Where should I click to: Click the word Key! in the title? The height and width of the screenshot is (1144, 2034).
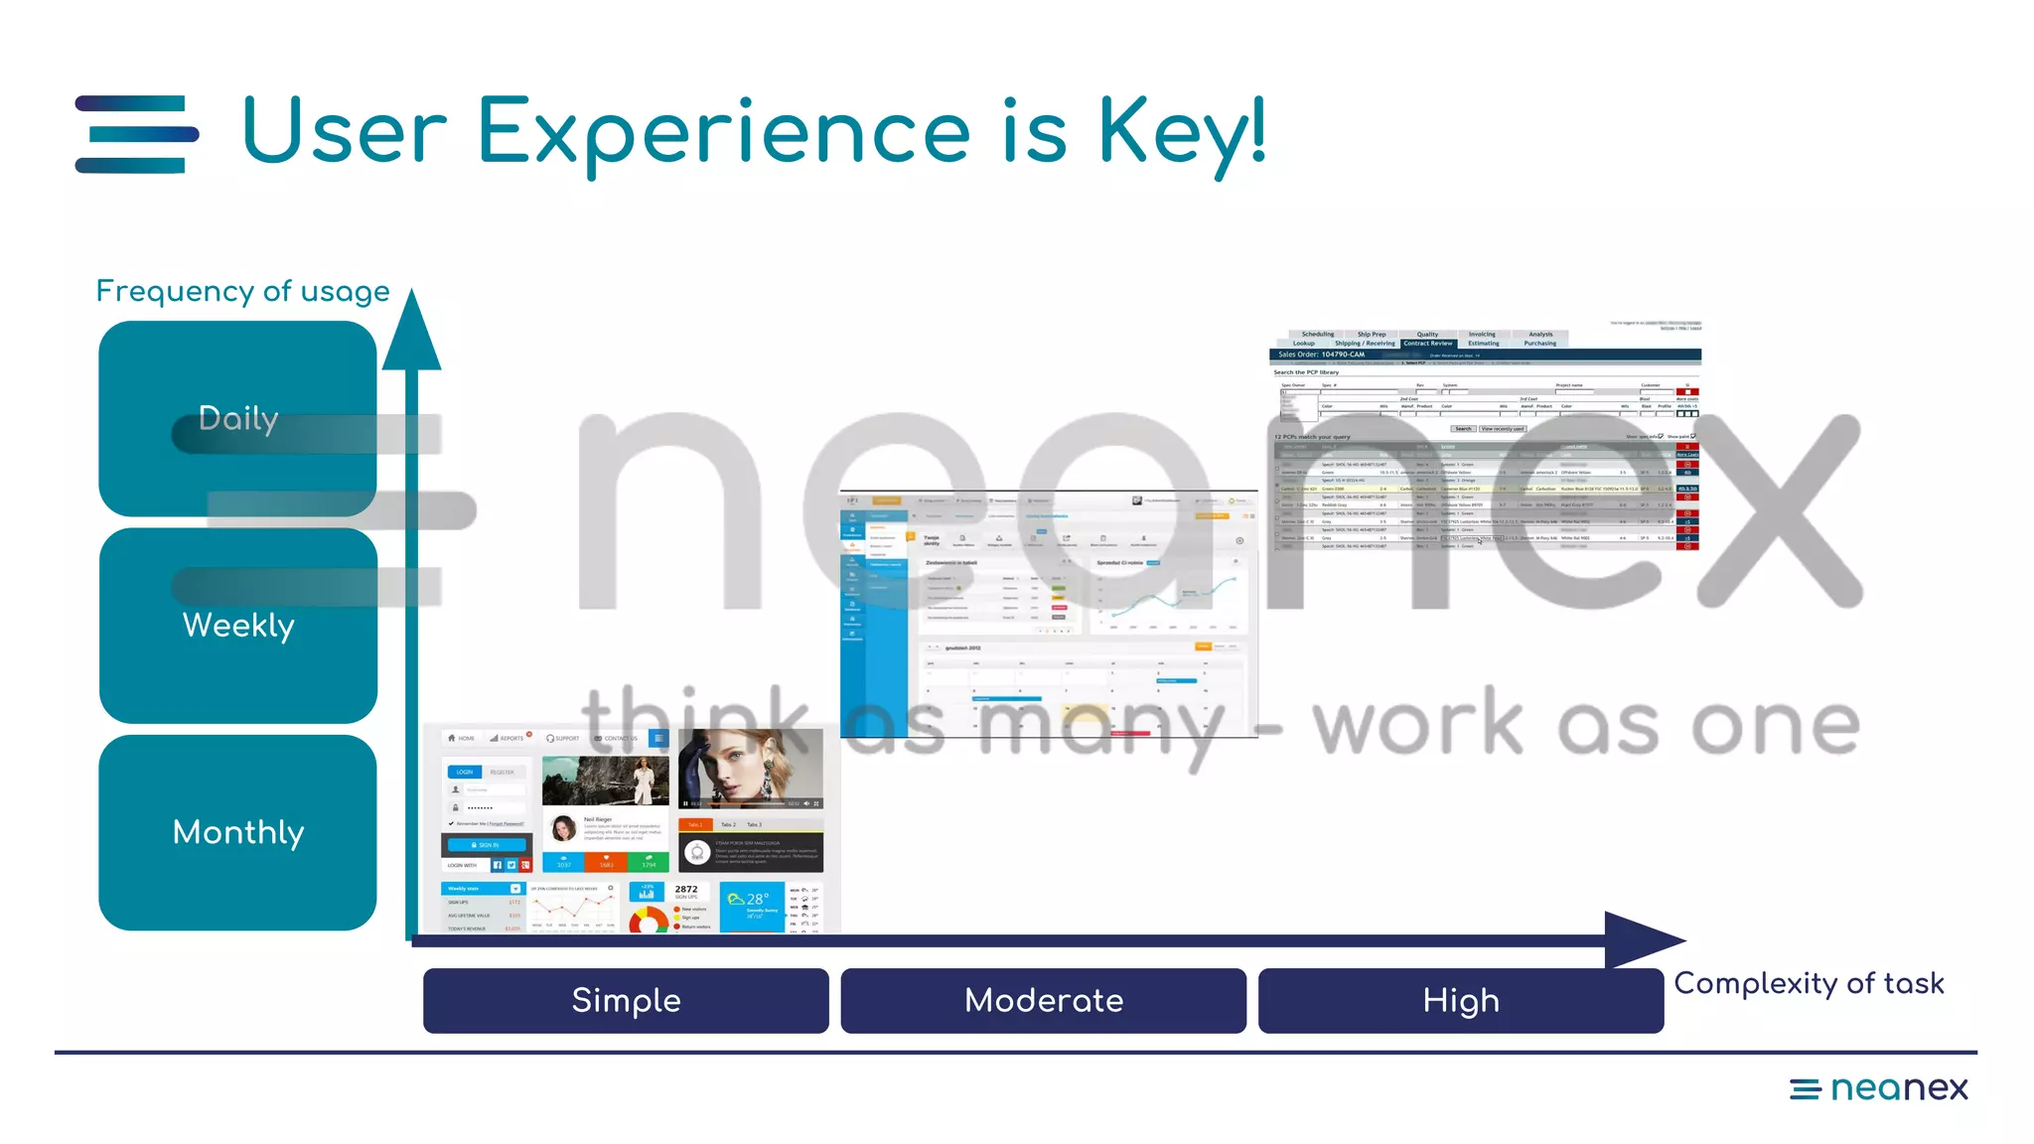1182,132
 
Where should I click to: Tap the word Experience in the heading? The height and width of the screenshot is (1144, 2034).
723,132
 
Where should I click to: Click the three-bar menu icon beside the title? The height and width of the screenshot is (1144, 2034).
136,134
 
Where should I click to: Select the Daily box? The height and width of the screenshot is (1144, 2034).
237,418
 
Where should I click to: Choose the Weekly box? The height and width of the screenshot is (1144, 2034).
237,625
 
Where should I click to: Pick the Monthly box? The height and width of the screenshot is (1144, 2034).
237,832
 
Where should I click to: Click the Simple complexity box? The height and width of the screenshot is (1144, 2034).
626,1000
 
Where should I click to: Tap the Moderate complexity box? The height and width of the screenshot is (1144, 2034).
1043,1000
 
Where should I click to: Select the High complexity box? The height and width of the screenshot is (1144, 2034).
1460,1000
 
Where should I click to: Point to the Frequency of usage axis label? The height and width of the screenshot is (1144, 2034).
242,291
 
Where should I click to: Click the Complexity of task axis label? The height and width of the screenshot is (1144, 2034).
1809,983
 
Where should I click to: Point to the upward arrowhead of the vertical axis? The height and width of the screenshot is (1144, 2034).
411,333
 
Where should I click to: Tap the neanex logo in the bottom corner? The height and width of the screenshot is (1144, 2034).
1878,1088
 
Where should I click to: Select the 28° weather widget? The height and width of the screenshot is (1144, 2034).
752,905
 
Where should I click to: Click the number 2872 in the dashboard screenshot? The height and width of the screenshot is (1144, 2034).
686,890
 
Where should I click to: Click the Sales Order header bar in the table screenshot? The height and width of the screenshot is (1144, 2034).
1484,355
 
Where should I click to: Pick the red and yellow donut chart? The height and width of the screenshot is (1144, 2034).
648,920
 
